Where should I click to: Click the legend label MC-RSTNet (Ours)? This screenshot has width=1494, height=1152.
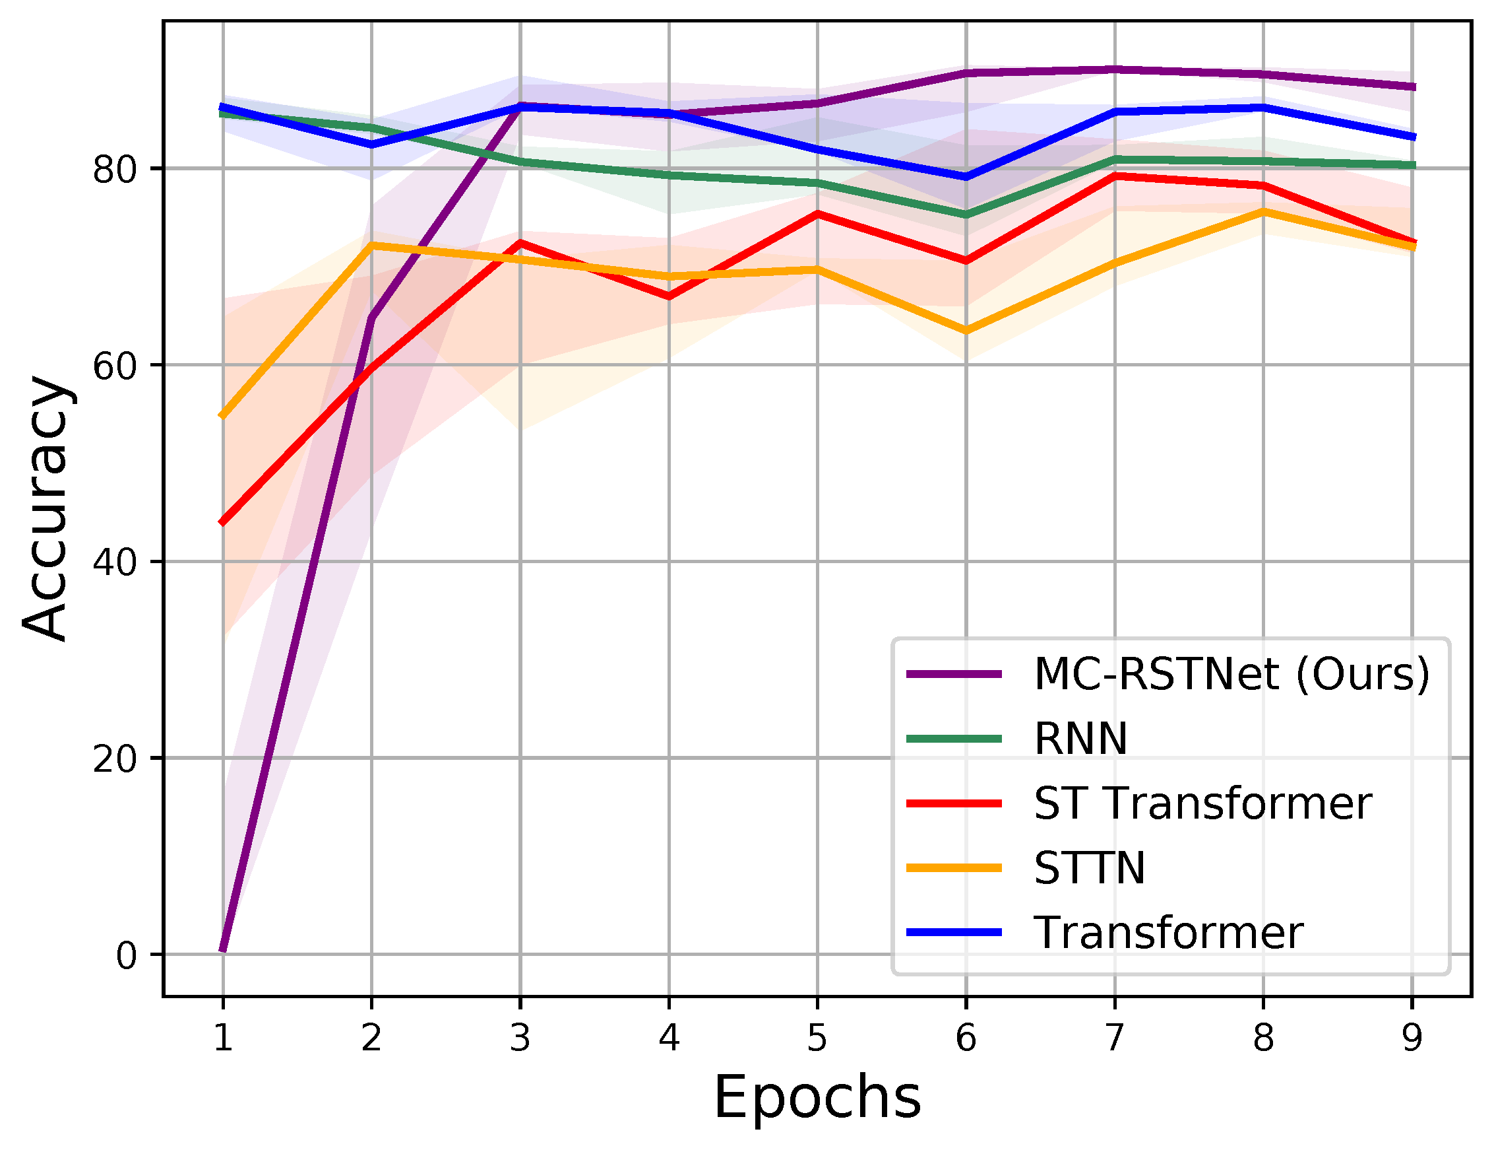point(1231,674)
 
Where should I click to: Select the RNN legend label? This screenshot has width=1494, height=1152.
point(1080,739)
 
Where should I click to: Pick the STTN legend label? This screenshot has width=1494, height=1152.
point(1089,868)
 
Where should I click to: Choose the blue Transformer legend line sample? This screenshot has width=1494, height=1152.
point(954,932)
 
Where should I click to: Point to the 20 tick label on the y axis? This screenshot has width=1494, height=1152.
point(114,759)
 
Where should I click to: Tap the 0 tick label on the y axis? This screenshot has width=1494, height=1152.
point(126,955)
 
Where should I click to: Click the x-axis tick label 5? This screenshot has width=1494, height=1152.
point(817,1038)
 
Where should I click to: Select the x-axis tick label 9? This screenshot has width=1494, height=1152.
point(1412,1038)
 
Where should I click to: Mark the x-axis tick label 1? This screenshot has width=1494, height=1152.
point(222,1038)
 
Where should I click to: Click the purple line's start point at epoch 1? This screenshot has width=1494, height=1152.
point(223,950)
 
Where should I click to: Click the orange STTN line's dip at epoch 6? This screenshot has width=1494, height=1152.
point(966,331)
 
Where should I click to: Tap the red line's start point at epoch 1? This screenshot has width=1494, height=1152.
point(223,522)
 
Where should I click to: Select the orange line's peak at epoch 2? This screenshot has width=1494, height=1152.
point(371,245)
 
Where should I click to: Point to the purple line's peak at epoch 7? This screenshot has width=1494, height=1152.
point(1115,70)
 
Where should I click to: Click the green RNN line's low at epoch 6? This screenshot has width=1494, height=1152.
point(966,215)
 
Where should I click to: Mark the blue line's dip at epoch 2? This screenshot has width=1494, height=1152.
point(371,145)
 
